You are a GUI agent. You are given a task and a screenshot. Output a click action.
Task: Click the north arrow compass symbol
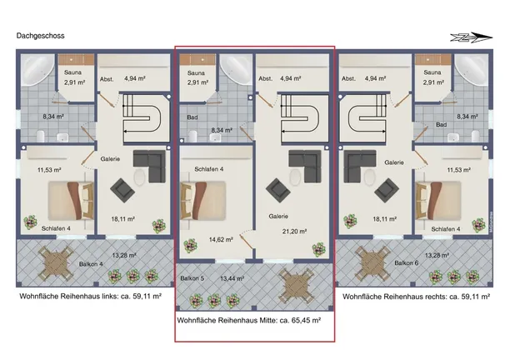tap(472, 37)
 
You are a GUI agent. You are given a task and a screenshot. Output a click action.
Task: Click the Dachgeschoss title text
tap(40, 36)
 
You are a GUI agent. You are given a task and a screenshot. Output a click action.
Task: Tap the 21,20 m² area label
tap(294, 232)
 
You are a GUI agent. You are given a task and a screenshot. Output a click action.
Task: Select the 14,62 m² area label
tap(221, 240)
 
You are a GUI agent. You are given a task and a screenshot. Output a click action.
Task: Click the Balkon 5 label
tap(192, 278)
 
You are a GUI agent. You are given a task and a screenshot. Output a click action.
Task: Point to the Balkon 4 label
tap(91, 264)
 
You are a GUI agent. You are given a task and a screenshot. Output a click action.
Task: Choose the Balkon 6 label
tap(406, 262)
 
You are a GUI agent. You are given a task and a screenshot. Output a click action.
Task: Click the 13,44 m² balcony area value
tap(232, 278)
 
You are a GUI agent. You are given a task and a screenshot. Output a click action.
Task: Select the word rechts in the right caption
tap(436, 297)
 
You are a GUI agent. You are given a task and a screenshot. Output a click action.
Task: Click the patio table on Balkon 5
tap(297, 285)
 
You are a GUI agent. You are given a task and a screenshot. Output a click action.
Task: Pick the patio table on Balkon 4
tap(57, 263)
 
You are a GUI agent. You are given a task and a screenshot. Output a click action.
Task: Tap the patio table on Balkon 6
tap(372, 263)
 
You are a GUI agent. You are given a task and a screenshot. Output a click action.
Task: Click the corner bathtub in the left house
tap(37, 70)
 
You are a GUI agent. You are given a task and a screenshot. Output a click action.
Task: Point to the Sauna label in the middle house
tap(196, 73)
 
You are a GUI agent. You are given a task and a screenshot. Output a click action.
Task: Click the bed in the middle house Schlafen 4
tap(202, 201)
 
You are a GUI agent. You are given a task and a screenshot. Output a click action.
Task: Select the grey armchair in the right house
tap(387, 190)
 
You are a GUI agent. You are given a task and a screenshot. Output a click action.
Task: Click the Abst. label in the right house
tap(348, 78)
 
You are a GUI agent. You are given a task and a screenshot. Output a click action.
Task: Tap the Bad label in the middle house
tap(192, 117)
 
